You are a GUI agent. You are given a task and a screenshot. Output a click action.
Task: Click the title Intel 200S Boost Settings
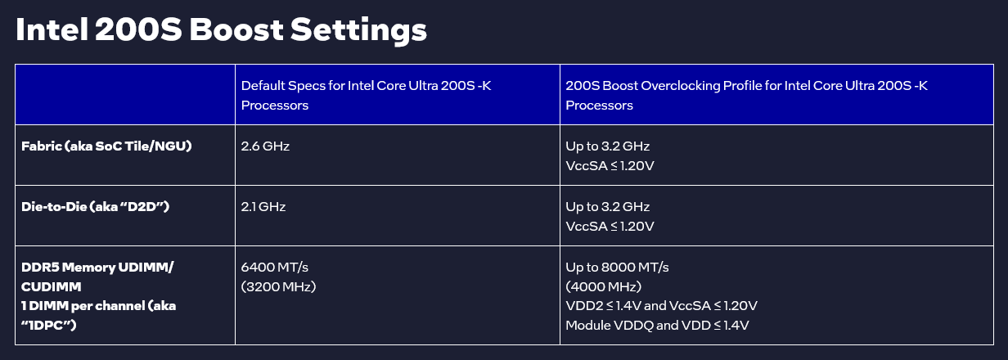click(221, 30)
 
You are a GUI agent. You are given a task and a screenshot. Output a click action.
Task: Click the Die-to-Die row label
click(95, 207)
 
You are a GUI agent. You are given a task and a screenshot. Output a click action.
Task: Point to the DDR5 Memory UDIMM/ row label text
click(97, 268)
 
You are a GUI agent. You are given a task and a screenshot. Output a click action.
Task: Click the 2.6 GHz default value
click(265, 146)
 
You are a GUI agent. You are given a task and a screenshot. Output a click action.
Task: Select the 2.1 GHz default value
click(263, 207)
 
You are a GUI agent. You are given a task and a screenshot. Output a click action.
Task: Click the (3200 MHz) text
click(278, 286)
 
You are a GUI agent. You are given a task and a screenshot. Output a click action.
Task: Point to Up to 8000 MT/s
click(617, 268)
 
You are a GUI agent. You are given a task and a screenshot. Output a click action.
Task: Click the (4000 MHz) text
click(604, 286)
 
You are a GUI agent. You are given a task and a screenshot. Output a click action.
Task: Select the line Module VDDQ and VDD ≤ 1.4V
click(657, 325)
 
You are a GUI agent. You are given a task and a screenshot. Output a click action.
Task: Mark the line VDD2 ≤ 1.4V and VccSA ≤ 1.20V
click(661, 306)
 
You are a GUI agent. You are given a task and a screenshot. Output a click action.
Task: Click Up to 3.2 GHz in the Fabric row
click(607, 146)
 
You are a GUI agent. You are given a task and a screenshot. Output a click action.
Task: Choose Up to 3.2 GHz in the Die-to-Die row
click(607, 207)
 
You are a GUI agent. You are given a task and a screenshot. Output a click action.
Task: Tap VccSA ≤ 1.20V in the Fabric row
click(610, 165)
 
